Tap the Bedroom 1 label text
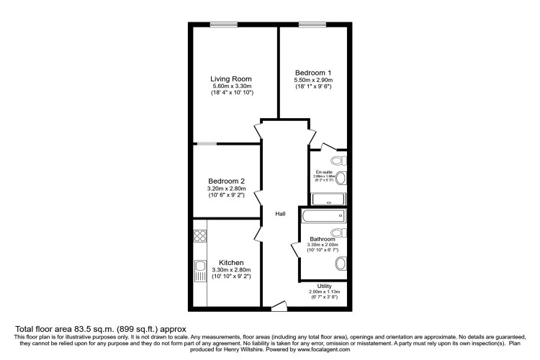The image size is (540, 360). [x=313, y=72]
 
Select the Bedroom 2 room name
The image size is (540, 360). [x=227, y=181]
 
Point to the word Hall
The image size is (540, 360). [x=280, y=213]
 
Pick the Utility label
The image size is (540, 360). [x=324, y=286]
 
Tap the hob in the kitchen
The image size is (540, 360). [x=199, y=236]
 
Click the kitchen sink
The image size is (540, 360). [x=199, y=272]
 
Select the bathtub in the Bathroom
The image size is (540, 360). [x=323, y=216]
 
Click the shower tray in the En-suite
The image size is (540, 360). [x=329, y=199]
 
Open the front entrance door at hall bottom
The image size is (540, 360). [x=278, y=308]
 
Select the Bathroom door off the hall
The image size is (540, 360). [x=295, y=249]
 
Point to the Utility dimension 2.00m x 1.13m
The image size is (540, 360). [x=324, y=292]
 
